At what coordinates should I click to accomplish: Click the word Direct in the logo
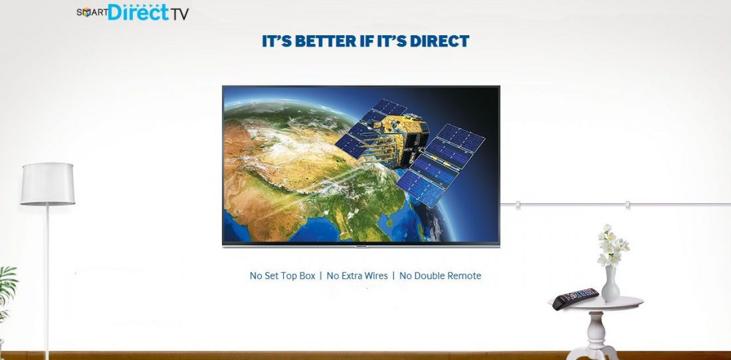click(138, 12)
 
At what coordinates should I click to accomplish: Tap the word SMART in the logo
click(92, 13)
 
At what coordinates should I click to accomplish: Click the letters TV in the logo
click(179, 14)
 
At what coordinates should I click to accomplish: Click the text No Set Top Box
click(282, 276)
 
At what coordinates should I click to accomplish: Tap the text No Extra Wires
click(357, 276)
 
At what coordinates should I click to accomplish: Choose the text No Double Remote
click(440, 276)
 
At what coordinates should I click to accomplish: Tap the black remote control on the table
click(575, 298)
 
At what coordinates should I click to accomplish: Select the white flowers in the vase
click(612, 246)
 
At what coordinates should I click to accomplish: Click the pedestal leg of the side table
click(595, 336)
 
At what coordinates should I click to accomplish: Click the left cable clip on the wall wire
click(518, 205)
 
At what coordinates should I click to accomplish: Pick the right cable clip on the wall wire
click(627, 205)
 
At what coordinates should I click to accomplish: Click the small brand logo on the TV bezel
click(362, 245)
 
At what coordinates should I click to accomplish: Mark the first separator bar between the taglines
click(321, 276)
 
